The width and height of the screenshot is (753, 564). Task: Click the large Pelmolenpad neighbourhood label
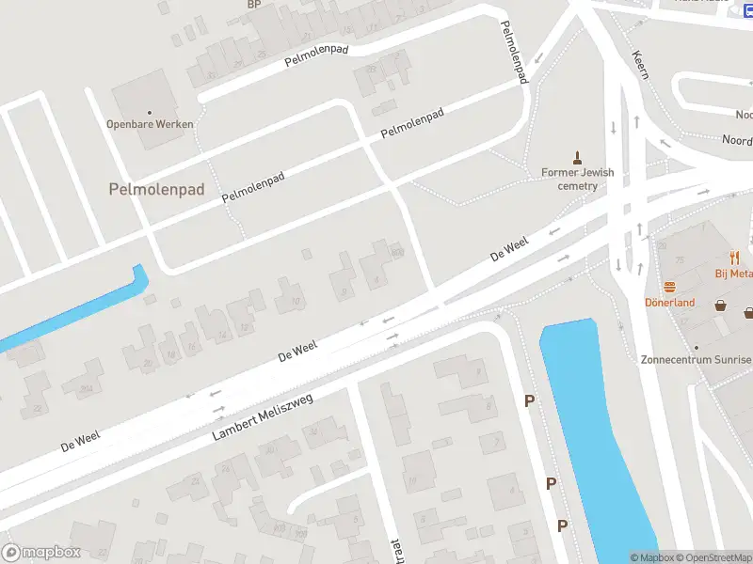156,189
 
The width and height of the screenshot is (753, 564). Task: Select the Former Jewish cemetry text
577,179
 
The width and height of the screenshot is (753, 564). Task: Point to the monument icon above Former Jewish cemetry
577,157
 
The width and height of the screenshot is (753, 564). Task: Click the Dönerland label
669,303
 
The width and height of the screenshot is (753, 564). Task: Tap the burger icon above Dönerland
669,287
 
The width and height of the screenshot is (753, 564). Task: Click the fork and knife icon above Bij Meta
735,257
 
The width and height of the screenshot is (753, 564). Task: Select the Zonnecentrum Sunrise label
696,359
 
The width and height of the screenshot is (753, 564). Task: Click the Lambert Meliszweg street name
263,417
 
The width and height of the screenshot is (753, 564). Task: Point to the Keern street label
640,64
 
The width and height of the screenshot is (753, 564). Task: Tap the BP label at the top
253,5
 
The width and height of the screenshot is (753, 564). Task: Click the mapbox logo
41,553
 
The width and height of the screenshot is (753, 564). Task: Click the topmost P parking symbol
530,401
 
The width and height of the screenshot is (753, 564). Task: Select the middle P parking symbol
552,483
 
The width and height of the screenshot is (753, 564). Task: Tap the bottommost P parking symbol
563,525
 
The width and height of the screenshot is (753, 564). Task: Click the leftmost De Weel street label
80,443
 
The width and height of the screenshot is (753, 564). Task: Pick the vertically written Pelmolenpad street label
514,53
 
